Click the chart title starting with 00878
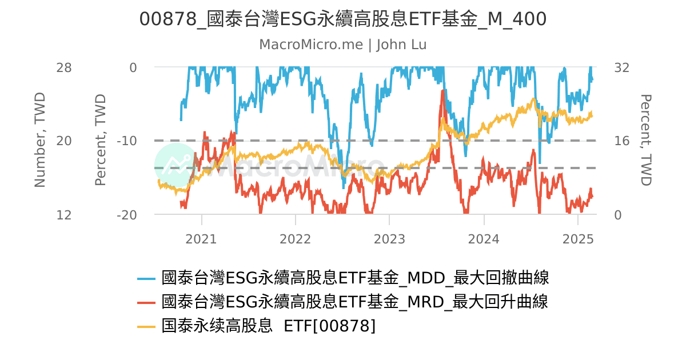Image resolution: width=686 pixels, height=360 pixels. pyautogui.click(x=343, y=19)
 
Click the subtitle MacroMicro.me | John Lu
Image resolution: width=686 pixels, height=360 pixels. pyautogui.click(x=343, y=45)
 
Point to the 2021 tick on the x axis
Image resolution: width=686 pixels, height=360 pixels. pyautogui.click(x=201, y=238)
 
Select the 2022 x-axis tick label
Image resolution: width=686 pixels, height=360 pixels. pyautogui.click(x=296, y=238)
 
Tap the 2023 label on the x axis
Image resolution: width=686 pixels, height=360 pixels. pyautogui.click(x=389, y=238)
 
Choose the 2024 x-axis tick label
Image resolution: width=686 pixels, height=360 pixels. pyautogui.click(x=484, y=238)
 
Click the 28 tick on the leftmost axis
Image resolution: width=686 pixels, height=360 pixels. pyautogui.click(x=64, y=67)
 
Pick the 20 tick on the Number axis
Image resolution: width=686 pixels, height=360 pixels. pyautogui.click(x=64, y=141)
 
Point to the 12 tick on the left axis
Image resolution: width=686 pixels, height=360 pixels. pyautogui.click(x=64, y=215)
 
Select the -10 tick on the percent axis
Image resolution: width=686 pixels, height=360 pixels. pyautogui.click(x=126, y=141)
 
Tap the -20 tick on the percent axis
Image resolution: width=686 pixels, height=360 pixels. pyautogui.click(x=126, y=215)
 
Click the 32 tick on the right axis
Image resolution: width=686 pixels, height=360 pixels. pyautogui.click(x=621, y=67)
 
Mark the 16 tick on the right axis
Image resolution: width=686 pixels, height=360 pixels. pyautogui.click(x=621, y=141)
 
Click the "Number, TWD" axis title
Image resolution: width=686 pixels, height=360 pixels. pyautogui.click(x=39, y=140)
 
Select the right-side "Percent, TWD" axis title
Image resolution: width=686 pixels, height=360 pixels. pyautogui.click(x=645, y=140)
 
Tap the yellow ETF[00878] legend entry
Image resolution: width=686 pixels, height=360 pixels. pyautogui.click(x=269, y=326)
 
